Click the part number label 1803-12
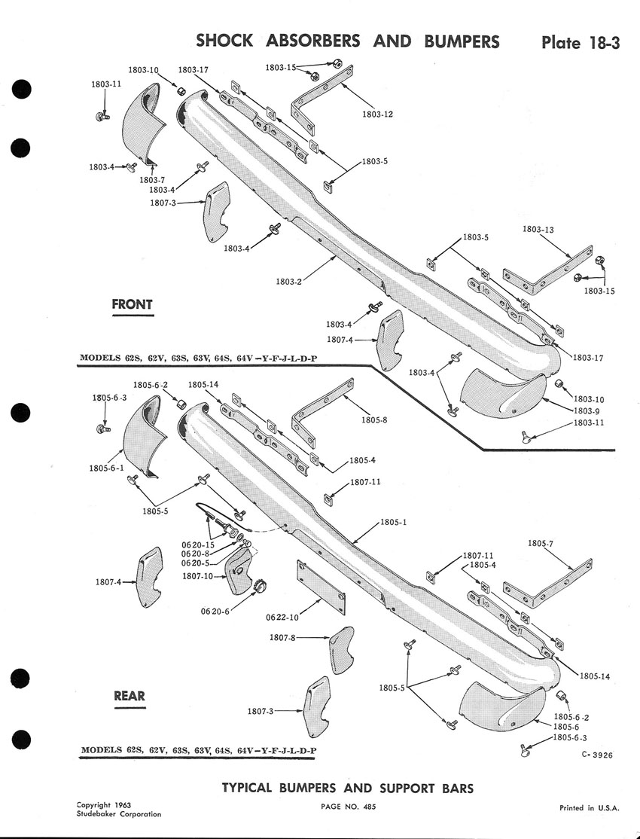tap(376, 114)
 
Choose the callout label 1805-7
tap(541, 543)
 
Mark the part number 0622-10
tap(282, 617)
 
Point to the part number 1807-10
tap(197, 577)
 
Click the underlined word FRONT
tap(132, 304)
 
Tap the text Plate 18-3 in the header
tap(580, 42)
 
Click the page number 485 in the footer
tap(367, 807)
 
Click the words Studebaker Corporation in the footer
tap(118, 814)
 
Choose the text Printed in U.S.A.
tap(589, 807)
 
